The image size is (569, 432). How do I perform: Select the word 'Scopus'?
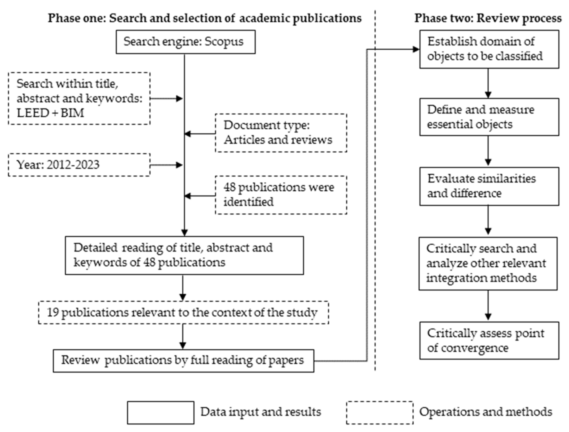[224, 42]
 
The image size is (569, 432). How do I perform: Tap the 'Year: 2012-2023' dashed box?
[79, 165]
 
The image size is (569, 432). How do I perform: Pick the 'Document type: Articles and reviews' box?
[281, 133]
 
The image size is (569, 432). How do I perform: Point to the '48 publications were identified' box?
[281, 195]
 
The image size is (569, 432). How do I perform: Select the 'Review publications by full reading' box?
[183, 361]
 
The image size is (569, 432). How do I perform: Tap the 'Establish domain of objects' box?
[489, 49]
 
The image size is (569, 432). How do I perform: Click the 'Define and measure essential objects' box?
[489, 117]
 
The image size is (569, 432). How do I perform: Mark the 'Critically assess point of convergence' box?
[489, 340]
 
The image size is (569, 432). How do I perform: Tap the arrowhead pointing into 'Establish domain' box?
[416, 49]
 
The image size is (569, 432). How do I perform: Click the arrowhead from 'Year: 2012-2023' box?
[179, 165]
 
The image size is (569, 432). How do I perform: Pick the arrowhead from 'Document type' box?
[188, 134]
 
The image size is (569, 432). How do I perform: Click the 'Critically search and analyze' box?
[488, 264]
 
